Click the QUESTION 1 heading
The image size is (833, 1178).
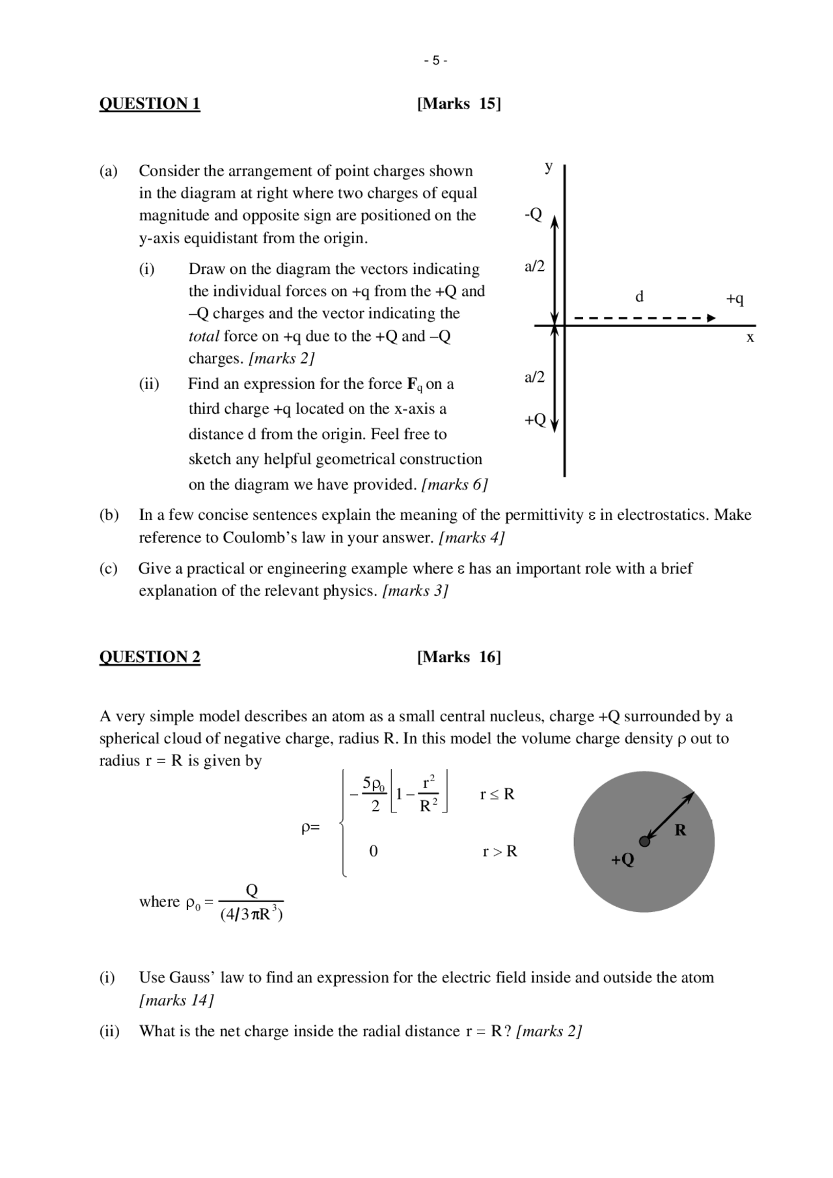(x=149, y=103)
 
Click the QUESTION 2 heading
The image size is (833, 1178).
(x=149, y=657)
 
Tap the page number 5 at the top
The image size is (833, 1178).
(x=435, y=61)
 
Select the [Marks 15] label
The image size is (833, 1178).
(x=459, y=103)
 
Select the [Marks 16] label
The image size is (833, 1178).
(x=459, y=657)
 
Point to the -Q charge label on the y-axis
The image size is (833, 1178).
(x=533, y=215)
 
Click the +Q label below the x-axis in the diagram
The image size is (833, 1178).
(x=535, y=420)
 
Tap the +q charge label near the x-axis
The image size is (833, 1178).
(x=735, y=299)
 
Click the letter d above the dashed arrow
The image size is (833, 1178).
(x=639, y=297)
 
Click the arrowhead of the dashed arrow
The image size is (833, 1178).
(x=711, y=318)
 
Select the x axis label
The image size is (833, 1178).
(x=750, y=338)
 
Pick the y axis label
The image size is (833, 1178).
(x=549, y=167)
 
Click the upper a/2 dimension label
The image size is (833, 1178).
(x=534, y=266)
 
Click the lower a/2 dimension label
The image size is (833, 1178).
(x=534, y=377)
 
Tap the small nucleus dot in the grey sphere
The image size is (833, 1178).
(x=644, y=841)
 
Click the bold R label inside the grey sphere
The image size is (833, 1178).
(x=680, y=830)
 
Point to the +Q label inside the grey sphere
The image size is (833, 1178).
(x=622, y=859)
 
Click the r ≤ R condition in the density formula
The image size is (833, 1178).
(x=497, y=794)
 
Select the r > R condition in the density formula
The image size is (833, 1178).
(x=499, y=851)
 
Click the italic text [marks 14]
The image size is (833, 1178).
(x=176, y=1000)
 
